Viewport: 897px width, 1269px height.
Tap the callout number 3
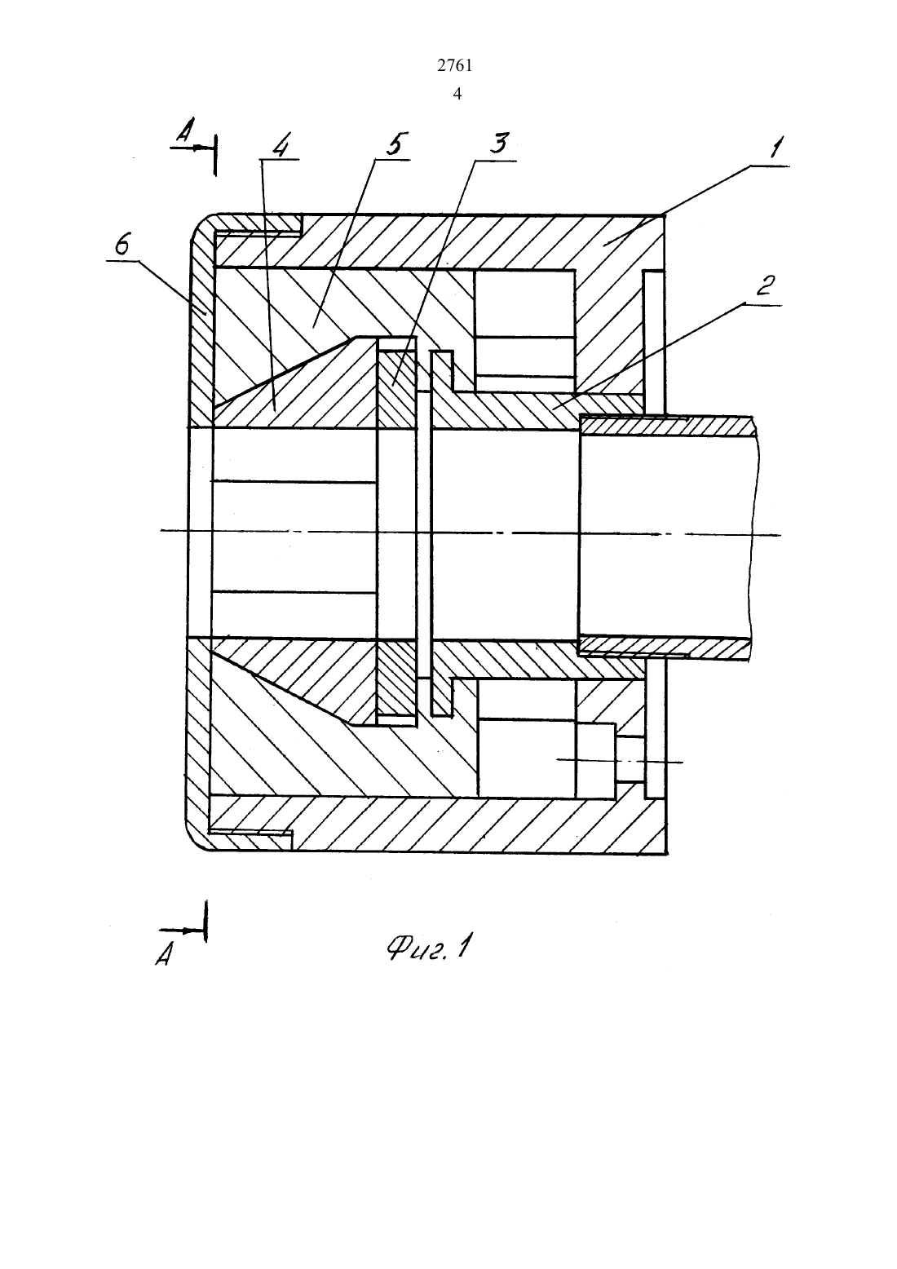tap(499, 143)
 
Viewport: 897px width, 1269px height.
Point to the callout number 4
tap(281, 147)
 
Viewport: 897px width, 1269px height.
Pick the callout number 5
tap(394, 144)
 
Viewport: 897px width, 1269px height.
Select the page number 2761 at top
tap(455, 66)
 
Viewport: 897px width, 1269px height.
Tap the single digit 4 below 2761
tap(457, 94)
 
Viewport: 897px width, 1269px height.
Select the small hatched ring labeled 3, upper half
tap(397, 390)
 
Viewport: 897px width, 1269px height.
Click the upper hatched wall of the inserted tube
tap(668, 426)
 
